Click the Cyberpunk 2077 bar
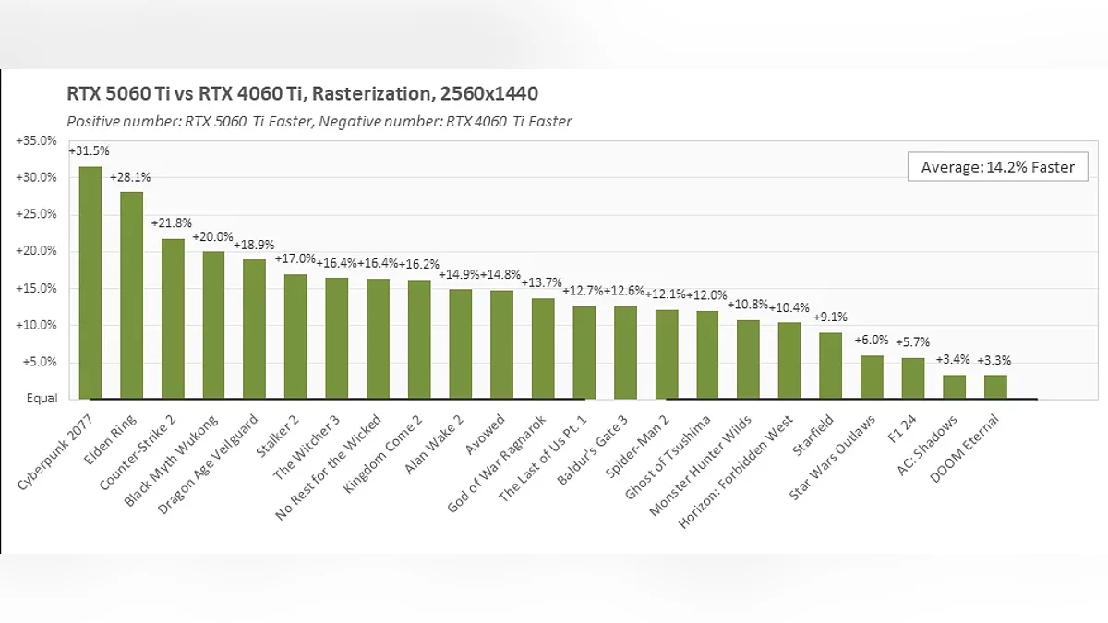point(90,282)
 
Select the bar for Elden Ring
point(131,295)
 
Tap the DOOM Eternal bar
point(995,387)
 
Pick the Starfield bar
point(830,365)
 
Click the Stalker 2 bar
point(295,336)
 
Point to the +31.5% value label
point(85,150)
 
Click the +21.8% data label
point(172,223)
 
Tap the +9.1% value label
point(830,317)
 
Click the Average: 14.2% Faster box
point(997,167)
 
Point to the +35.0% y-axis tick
point(36,140)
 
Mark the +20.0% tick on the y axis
point(36,251)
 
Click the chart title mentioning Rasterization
point(302,93)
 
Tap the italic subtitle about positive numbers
point(319,121)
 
